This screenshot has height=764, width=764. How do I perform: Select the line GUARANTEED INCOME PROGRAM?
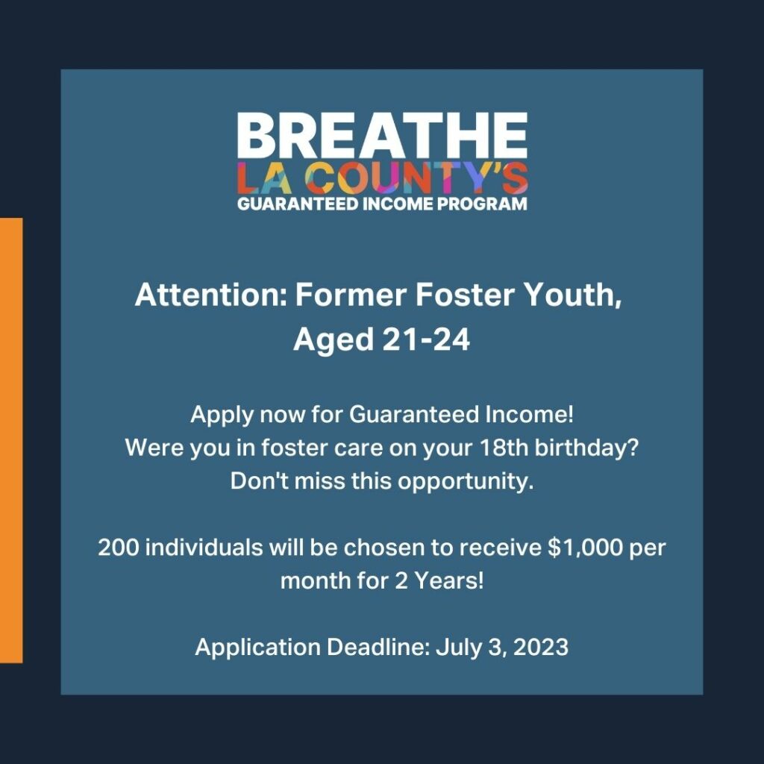(382, 203)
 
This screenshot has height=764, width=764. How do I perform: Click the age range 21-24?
(425, 339)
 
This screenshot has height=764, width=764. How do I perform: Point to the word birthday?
(586, 448)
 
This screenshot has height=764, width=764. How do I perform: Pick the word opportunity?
(466, 482)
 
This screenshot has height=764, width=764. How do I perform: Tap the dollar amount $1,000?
(585, 548)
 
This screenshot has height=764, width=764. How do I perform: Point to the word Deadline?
(378, 647)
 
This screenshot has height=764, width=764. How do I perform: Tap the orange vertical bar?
(11, 440)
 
